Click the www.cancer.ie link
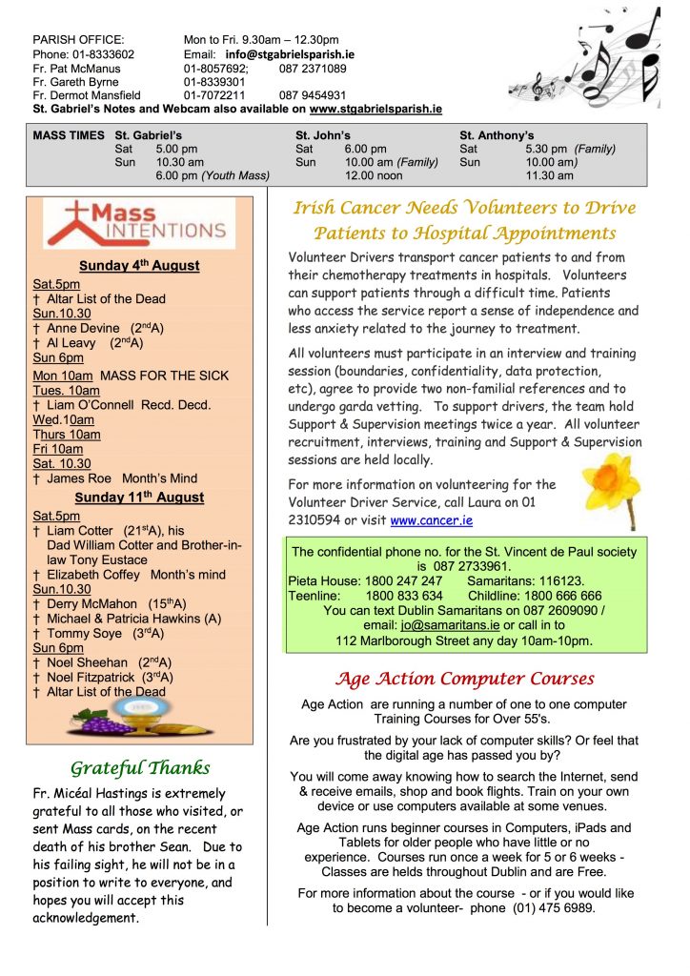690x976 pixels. [431, 521]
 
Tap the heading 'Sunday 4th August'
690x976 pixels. [139, 266]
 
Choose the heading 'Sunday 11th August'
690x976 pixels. [139, 498]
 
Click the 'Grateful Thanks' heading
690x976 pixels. [140, 768]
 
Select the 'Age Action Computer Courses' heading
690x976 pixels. [464, 680]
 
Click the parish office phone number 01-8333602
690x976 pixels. [101, 55]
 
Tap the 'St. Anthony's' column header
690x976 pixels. [497, 136]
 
